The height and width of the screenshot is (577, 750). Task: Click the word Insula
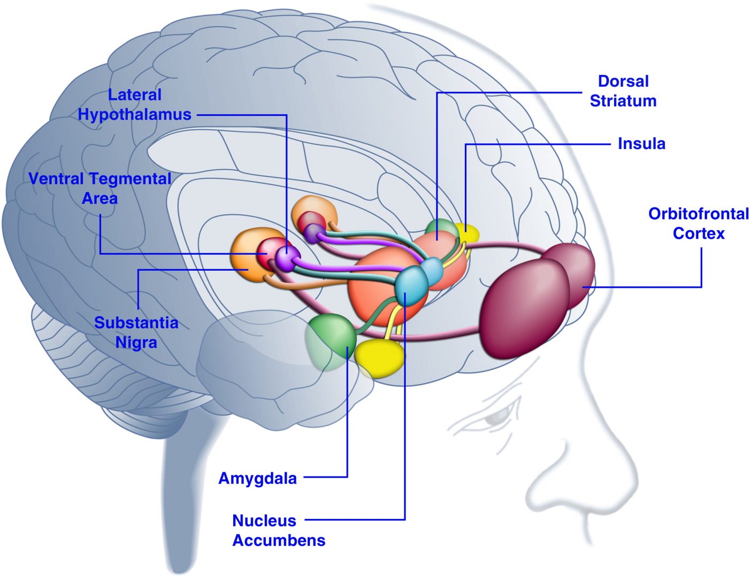tap(641, 144)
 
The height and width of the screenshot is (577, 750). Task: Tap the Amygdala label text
tap(257, 478)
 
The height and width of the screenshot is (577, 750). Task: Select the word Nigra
tap(136, 342)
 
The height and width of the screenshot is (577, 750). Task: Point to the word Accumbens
tap(279, 540)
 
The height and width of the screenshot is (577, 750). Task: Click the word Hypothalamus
tap(134, 114)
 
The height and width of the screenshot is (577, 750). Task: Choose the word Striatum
tap(623, 101)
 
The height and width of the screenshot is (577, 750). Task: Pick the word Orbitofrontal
tap(698, 214)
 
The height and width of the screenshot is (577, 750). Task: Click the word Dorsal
tap(623, 81)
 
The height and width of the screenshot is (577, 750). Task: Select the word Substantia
tap(136, 323)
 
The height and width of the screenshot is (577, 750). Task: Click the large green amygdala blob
tap(331, 339)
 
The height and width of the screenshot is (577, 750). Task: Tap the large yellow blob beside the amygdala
tap(379, 357)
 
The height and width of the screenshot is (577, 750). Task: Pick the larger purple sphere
tap(287, 258)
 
